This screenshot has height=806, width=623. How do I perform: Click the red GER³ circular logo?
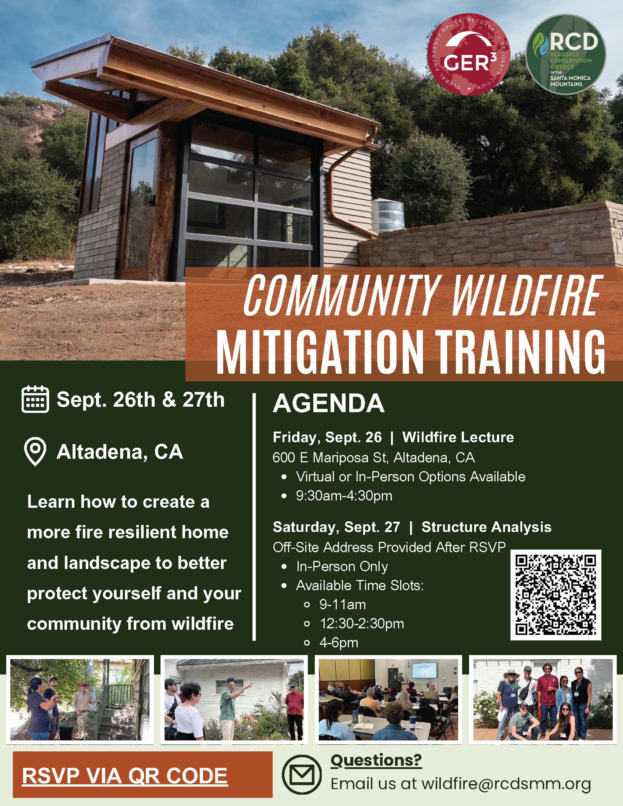pos(469,59)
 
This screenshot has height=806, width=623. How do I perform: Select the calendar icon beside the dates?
pos(36,399)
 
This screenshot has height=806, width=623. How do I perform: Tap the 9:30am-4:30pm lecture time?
pos(344,496)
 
